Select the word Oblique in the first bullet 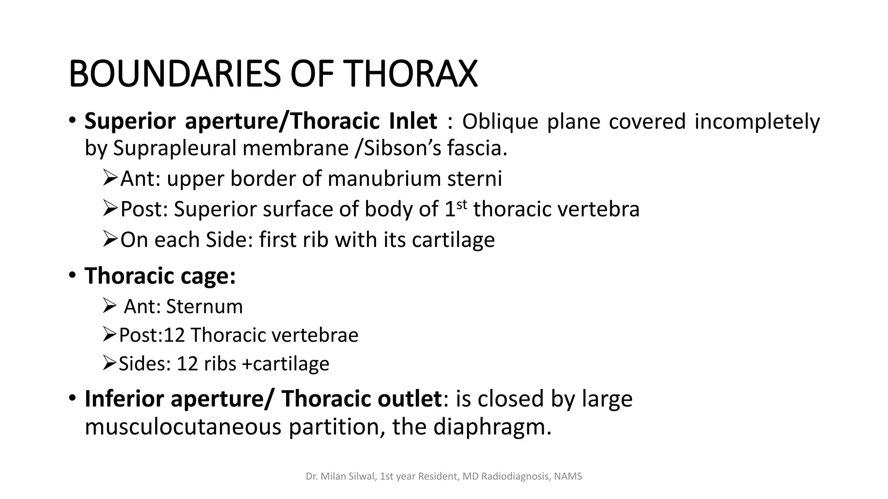500,121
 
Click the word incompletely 757,121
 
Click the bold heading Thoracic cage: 160,275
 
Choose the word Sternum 204,307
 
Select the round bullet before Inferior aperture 72,398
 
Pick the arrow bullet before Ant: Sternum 110,306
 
